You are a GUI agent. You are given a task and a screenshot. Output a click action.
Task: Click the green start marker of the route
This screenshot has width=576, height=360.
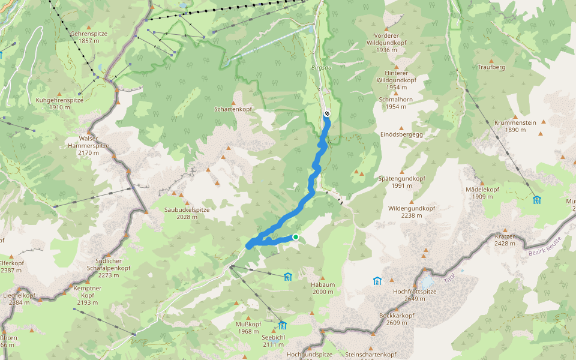(x=295, y=238)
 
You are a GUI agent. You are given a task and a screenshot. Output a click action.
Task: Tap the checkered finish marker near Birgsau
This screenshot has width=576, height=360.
(x=326, y=113)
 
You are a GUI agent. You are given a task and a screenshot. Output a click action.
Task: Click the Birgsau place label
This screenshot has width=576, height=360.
(x=322, y=68)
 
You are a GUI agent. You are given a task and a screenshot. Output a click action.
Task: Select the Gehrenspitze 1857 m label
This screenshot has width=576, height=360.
(x=88, y=37)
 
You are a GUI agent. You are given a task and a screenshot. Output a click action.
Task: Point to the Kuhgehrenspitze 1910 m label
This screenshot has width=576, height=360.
(x=59, y=103)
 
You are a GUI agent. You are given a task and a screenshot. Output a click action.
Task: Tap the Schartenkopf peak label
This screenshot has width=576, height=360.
(x=233, y=110)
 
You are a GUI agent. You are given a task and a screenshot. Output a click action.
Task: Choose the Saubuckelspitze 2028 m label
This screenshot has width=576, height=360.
(x=187, y=213)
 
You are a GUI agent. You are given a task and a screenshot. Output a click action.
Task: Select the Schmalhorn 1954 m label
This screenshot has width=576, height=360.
(x=396, y=103)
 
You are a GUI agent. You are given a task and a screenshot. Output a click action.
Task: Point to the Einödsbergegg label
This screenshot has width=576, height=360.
(x=401, y=134)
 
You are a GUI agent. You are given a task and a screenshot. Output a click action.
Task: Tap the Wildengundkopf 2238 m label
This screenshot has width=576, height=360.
(x=411, y=212)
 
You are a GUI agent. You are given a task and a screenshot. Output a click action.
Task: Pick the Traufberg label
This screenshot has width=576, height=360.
(x=491, y=67)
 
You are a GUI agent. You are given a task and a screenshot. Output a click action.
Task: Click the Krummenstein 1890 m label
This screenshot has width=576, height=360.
(x=515, y=126)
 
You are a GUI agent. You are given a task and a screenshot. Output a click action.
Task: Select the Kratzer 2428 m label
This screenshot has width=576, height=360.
(x=505, y=240)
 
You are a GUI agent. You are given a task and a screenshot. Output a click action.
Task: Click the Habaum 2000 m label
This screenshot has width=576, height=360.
(x=322, y=288)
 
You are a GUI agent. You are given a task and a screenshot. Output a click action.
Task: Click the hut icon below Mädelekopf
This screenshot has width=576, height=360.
(x=536, y=199)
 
